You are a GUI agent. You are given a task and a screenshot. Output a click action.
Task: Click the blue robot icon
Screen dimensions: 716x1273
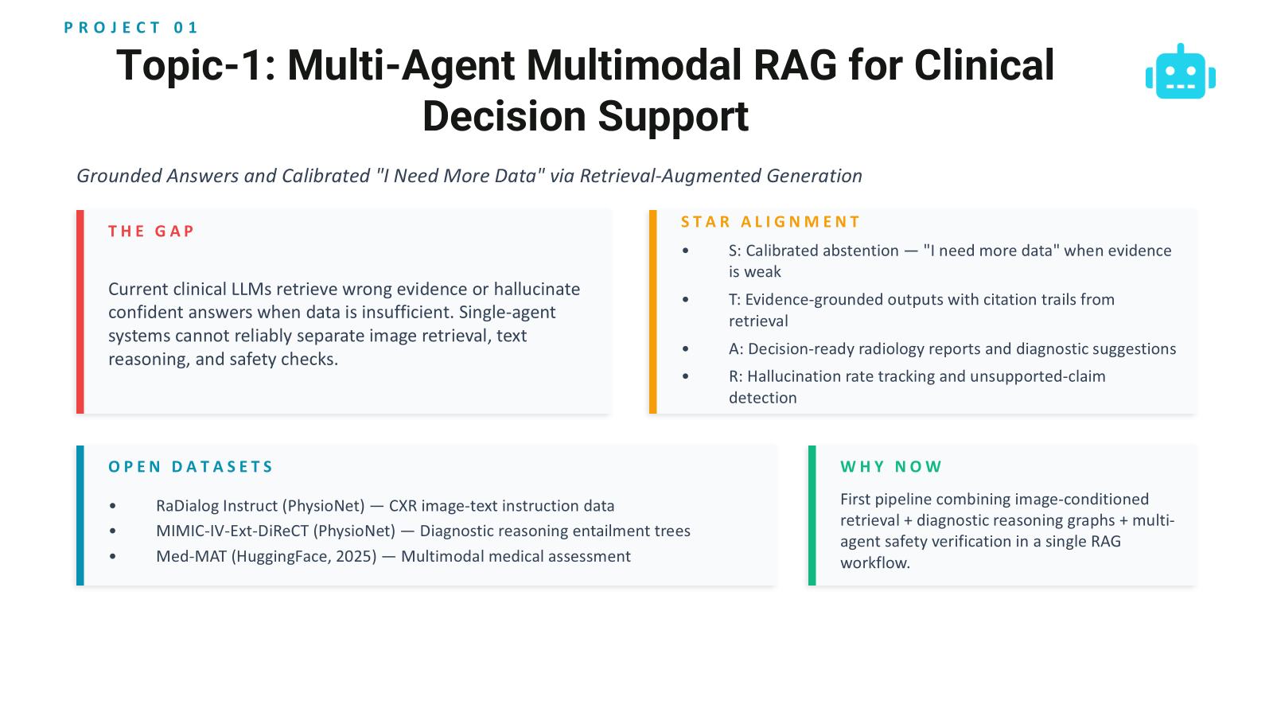pyautogui.click(x=1181, y=72)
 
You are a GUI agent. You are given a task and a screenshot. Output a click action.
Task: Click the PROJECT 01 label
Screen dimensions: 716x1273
pyautogui.click(x=130, y=28)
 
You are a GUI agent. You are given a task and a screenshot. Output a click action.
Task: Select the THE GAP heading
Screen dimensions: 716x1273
pyautogui.click(x=151, y=232)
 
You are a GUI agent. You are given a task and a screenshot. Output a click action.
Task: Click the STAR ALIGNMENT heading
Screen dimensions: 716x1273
pyautogui.click(x=770, y=222)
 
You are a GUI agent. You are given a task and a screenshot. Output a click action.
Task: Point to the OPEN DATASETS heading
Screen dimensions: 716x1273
pyautogui.click(x=191, y=467)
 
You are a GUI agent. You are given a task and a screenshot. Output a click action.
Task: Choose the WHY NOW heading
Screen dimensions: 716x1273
pyautogui.click(x=891, y=467)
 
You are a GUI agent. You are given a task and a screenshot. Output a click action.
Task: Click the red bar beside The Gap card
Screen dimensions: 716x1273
pyautogui.click(x=80, y=312)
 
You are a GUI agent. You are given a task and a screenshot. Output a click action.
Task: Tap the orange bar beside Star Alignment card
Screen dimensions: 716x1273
pyautogui.click(x=652, y=312)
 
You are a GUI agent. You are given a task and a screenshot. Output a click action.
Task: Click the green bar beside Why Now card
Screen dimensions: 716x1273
pyautogui.click(x=812, y=516)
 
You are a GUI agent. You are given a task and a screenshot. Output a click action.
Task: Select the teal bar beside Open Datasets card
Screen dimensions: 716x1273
pyautogui.click(x=80, y=516)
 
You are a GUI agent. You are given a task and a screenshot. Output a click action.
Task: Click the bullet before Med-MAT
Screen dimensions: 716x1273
pyautogui.click(x=113, y=557)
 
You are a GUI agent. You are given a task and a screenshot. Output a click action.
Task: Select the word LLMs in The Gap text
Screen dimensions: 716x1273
pyautogui.click(x=251, y=290)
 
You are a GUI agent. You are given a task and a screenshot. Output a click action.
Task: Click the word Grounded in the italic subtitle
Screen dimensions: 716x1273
pyautogui.click(x=119, y=176)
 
